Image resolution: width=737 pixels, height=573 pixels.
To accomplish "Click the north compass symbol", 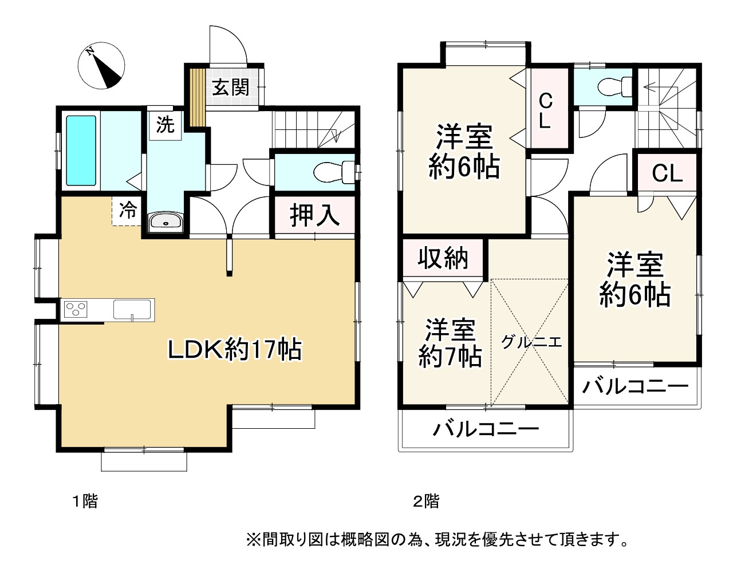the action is coord(101,65).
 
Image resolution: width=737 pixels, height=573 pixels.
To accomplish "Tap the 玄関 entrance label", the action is coord(231,88).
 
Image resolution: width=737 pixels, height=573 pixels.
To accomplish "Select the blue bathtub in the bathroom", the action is coord(81,151).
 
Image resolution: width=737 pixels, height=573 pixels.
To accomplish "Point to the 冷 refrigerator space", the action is coord(127,211).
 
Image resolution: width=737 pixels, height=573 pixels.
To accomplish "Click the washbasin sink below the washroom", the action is coord(166,222).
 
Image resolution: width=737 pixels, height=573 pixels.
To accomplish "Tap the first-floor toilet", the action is coord(334,172).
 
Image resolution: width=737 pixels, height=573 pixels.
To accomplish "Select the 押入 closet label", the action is coord(315,216).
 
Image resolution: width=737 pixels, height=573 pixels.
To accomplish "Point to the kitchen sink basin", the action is coord(132,309).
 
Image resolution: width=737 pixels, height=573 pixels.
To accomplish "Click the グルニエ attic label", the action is coord(531,342).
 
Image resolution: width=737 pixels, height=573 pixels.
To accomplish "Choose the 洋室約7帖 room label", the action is coord(450,343).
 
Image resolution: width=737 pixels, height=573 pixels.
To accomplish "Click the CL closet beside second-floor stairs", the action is coord(667,173).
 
